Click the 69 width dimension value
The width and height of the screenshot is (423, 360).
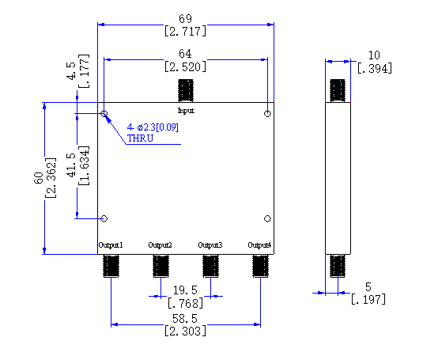pos(185,19)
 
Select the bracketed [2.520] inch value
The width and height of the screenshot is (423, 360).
pos(185,66)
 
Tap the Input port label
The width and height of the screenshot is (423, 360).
pos(186,111)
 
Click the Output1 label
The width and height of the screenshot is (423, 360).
pos(111,245)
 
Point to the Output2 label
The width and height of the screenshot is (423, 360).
pos(160,245)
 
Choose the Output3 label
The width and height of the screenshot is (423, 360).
pos(210,245)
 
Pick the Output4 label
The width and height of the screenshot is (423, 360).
pos(259,245)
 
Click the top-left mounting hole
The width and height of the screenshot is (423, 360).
pos(104,114)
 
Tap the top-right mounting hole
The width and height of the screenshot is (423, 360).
pos(267,114)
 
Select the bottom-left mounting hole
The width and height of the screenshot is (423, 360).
pos(104,218)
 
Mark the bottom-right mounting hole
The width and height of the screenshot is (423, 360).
pos(267,218)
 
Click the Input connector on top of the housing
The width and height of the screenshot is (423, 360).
pos(186,90)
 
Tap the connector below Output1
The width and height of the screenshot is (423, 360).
pos(111,266)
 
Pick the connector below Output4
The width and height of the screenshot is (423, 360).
pos(260,266)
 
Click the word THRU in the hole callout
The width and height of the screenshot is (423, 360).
pos(140,138)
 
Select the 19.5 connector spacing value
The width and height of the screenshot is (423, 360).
pos(185,290)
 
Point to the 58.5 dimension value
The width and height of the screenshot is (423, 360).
pos(185,319)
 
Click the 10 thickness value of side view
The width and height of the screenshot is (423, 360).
pos(374,55)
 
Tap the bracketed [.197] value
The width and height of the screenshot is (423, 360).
pos(368,299)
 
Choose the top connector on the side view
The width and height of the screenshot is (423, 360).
pos(338,90)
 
